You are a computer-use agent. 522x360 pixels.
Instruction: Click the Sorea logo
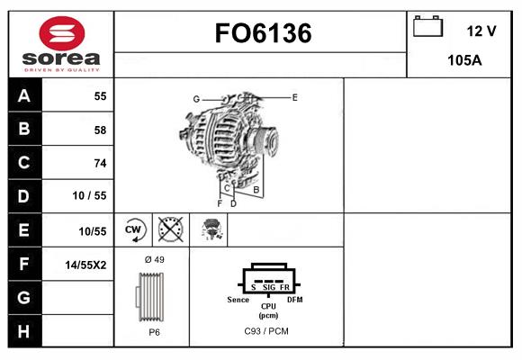61,45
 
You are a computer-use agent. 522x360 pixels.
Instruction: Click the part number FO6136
263,34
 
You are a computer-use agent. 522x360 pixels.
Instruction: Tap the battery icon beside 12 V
427,28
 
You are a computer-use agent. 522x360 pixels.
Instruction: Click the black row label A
23,96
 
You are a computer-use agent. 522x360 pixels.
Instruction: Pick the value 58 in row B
99,130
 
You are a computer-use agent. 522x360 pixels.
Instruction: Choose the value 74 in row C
99,163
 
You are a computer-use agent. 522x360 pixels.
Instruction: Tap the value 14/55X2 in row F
86,264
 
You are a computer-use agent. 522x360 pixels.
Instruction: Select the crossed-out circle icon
169,229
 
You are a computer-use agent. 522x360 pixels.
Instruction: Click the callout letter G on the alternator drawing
195,99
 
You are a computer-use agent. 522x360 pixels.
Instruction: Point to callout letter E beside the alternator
295,96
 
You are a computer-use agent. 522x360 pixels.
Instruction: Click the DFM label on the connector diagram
294,299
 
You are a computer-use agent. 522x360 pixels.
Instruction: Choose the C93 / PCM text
266,331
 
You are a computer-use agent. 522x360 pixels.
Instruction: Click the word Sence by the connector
238,299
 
